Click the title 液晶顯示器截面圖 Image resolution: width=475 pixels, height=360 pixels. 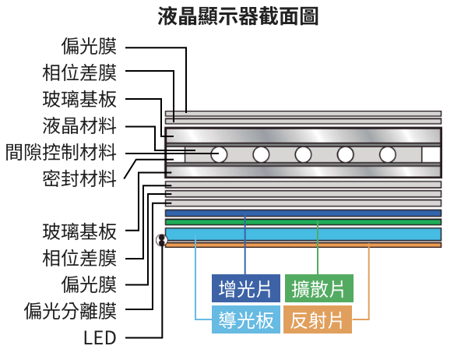(237, 15)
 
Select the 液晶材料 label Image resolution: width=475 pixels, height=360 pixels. (79, 125)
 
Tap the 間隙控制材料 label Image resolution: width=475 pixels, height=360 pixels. (60, 152)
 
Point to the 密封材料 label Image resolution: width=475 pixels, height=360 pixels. (79, 178)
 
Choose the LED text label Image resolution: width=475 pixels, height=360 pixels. (99, 337)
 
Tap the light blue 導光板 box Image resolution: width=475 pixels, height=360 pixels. (245, 319)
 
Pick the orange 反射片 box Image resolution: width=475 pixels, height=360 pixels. (318, 319)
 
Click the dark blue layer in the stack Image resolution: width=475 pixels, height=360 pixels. (304, 213)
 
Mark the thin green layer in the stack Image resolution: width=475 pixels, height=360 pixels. (304, 221)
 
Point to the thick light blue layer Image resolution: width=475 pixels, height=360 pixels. (304, 234)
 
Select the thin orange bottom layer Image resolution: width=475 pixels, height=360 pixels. (304, 245)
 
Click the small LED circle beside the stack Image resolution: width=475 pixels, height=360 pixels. (162, 240)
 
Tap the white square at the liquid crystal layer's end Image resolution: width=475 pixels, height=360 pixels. (431, 154)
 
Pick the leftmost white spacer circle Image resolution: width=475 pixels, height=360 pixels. (220, 154)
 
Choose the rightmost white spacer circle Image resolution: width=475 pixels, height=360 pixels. (388, 154)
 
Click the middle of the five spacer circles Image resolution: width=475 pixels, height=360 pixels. (304, 154)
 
